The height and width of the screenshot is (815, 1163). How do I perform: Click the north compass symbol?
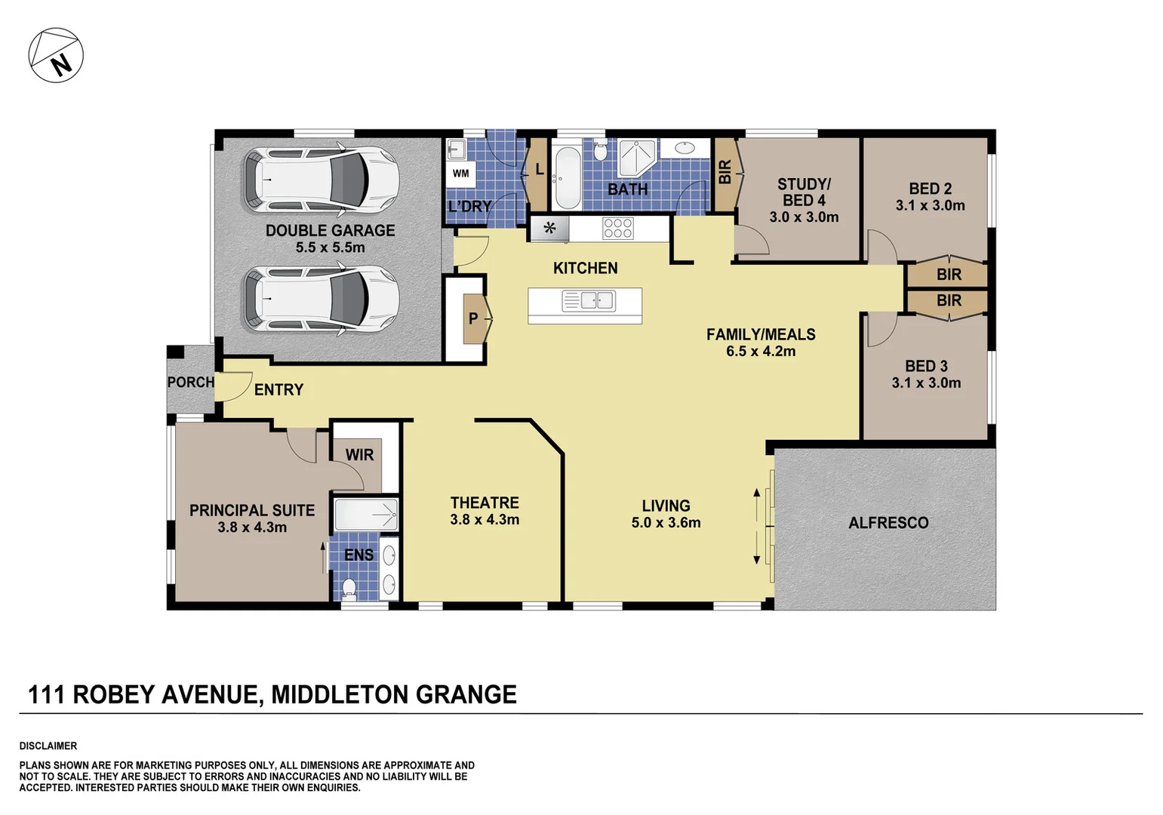[56, 56]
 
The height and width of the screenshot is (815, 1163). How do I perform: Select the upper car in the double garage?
[320, 180]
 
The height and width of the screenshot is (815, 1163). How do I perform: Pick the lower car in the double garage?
[320, 300]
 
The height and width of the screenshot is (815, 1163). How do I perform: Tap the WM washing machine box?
[460, 174]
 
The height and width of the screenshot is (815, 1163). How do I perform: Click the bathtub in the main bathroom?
[567, 178]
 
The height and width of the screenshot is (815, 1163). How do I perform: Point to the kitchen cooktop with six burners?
[618, 228]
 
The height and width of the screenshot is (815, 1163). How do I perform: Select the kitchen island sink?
[589, 301]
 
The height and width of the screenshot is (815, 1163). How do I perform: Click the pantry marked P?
[473, 318]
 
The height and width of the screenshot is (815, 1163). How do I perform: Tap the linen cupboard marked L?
[539, 171]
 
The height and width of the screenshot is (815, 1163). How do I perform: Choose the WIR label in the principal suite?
[359, 455]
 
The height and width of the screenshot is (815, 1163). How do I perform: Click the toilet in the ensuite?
[349, 586]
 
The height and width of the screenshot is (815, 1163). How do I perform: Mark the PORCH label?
[190, 383]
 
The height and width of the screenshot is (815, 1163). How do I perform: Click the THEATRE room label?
[485, 503]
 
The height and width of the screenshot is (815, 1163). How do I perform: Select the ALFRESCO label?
[888, 522]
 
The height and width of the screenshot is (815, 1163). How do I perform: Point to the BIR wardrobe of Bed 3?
[949, 301]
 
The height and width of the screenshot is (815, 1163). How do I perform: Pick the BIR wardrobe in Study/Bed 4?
[725, 174]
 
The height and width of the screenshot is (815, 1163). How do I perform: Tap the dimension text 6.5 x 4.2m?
[761, 351]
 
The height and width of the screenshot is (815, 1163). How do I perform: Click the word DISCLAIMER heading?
[48, 746]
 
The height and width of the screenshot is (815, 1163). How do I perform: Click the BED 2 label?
[930, 189]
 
